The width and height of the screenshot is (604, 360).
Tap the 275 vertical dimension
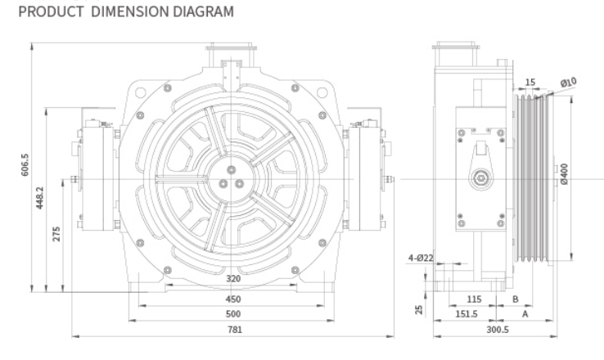56,233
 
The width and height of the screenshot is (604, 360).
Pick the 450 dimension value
233,299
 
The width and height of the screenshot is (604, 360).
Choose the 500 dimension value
233,313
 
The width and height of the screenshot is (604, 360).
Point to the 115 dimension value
473,299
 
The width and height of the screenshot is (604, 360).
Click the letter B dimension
515,299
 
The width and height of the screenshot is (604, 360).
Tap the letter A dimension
524,313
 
